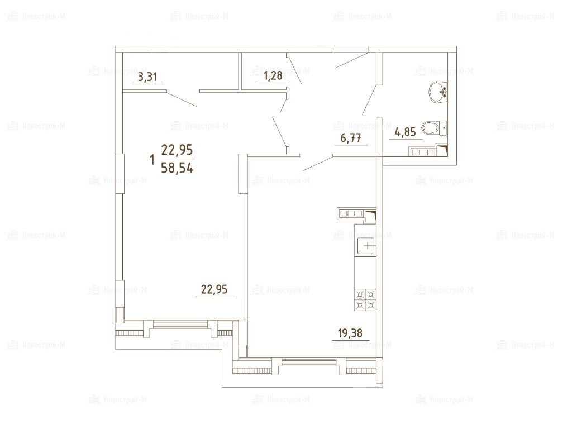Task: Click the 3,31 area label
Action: (147, 77)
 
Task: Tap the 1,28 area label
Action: (273, 75)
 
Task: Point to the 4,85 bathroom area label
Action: (406, 132)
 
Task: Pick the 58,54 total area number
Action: (177, 169)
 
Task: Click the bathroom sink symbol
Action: (438, 92)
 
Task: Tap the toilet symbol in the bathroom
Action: (434, 128)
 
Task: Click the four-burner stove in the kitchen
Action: (365, 299)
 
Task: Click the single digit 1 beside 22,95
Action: (152, 160)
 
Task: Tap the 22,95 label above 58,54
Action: (177, 150)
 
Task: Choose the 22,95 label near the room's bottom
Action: (214, 289)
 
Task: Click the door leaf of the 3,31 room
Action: (182, 98)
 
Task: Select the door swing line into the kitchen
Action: (318, 164)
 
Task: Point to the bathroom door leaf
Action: (370, 100)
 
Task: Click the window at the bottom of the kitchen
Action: (308, 362)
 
